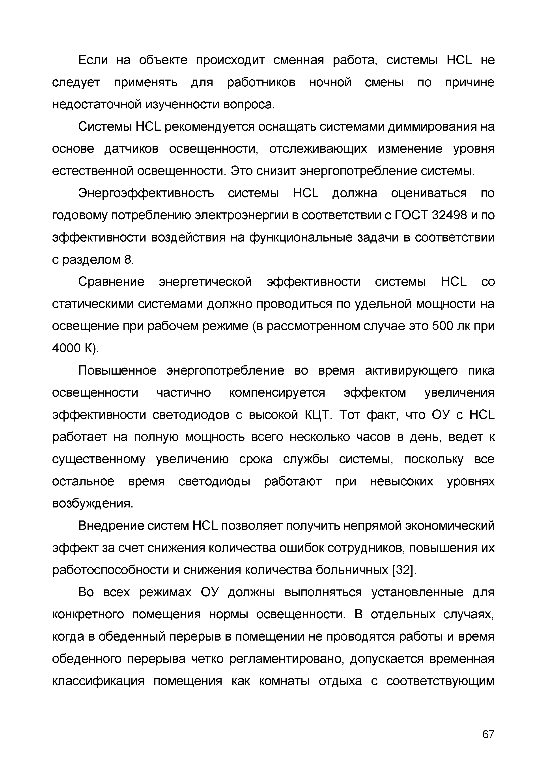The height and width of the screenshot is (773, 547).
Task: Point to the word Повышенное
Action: tap(118, 371)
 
